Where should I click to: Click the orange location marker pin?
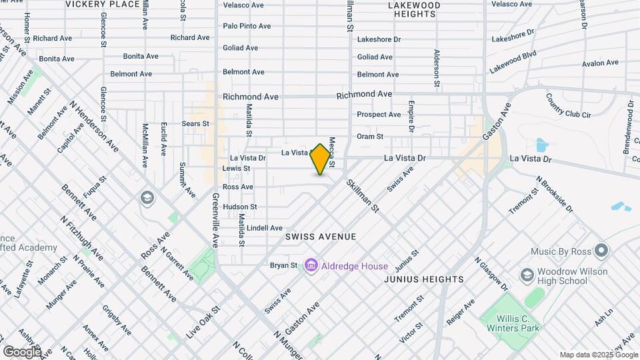(x=321, y=159)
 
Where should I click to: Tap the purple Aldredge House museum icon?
(x=310, y=266)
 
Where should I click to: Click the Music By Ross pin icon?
(x=601, y=251)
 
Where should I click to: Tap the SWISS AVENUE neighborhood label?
(x=321, y=237)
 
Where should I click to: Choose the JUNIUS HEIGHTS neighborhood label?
(x=423, y=279)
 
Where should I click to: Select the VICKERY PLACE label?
(x=103, y=4)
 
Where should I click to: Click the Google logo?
(x=22, y=351)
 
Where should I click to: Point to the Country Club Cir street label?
(x=569, y=105)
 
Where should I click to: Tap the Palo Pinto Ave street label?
(x=247, y=26)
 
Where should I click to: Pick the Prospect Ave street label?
(x=379, y=115)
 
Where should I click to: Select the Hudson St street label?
(x=239, y=207)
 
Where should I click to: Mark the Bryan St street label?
(x=283, y=265)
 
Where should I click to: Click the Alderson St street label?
(x=437, y=68)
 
